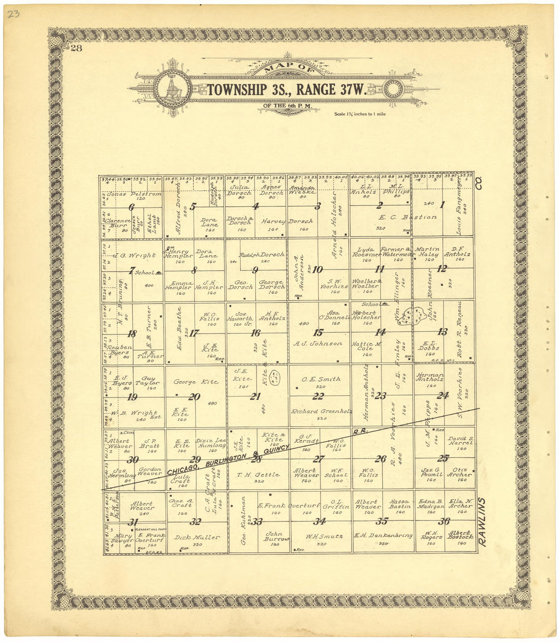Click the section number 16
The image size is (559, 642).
click(255, 333)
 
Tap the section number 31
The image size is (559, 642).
click(133, 522)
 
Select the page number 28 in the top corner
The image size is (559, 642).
click(77, 48)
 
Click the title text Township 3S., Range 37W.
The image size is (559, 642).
click(287, 90)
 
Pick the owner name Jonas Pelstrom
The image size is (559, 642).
click(134, 194)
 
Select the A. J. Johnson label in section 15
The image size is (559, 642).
click(318, 344)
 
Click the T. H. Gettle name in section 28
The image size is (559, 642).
click(258, 475)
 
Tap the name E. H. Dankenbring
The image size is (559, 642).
click(383, 535)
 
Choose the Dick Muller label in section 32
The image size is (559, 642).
click(197, 537)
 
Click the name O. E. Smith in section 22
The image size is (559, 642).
click(321, 379)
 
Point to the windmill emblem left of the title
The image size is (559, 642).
click(172, 89)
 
